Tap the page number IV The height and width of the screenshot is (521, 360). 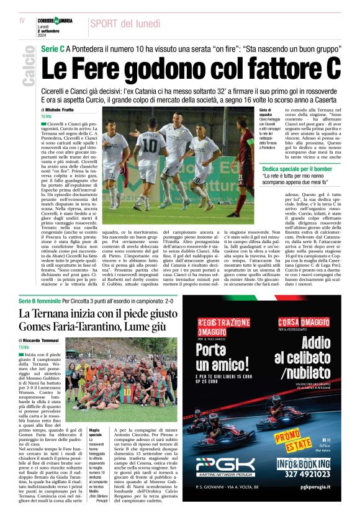pos(22,20)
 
